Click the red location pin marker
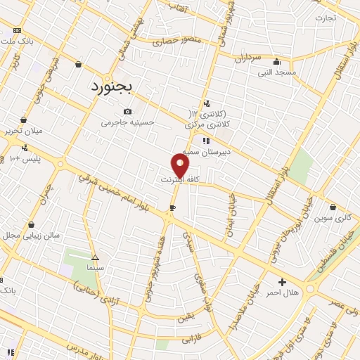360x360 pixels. [x=181, y=165]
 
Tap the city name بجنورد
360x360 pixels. [x=115, y=86]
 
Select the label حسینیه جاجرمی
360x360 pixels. [x=127, y=122]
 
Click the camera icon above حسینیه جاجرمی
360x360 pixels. [x=127, y=111]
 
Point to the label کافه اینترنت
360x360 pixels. [x=181, y=180]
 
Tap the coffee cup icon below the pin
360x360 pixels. [x=173, y=207]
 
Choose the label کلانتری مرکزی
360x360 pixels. [x=209, y=124]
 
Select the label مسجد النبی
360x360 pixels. [x=276, y=72]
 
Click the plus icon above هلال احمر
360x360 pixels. [x=282, y=281]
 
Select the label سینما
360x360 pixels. [x=95, y=268]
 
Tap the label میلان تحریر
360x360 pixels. [x=24, y=131]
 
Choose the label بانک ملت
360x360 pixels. [x=17, y=41]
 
